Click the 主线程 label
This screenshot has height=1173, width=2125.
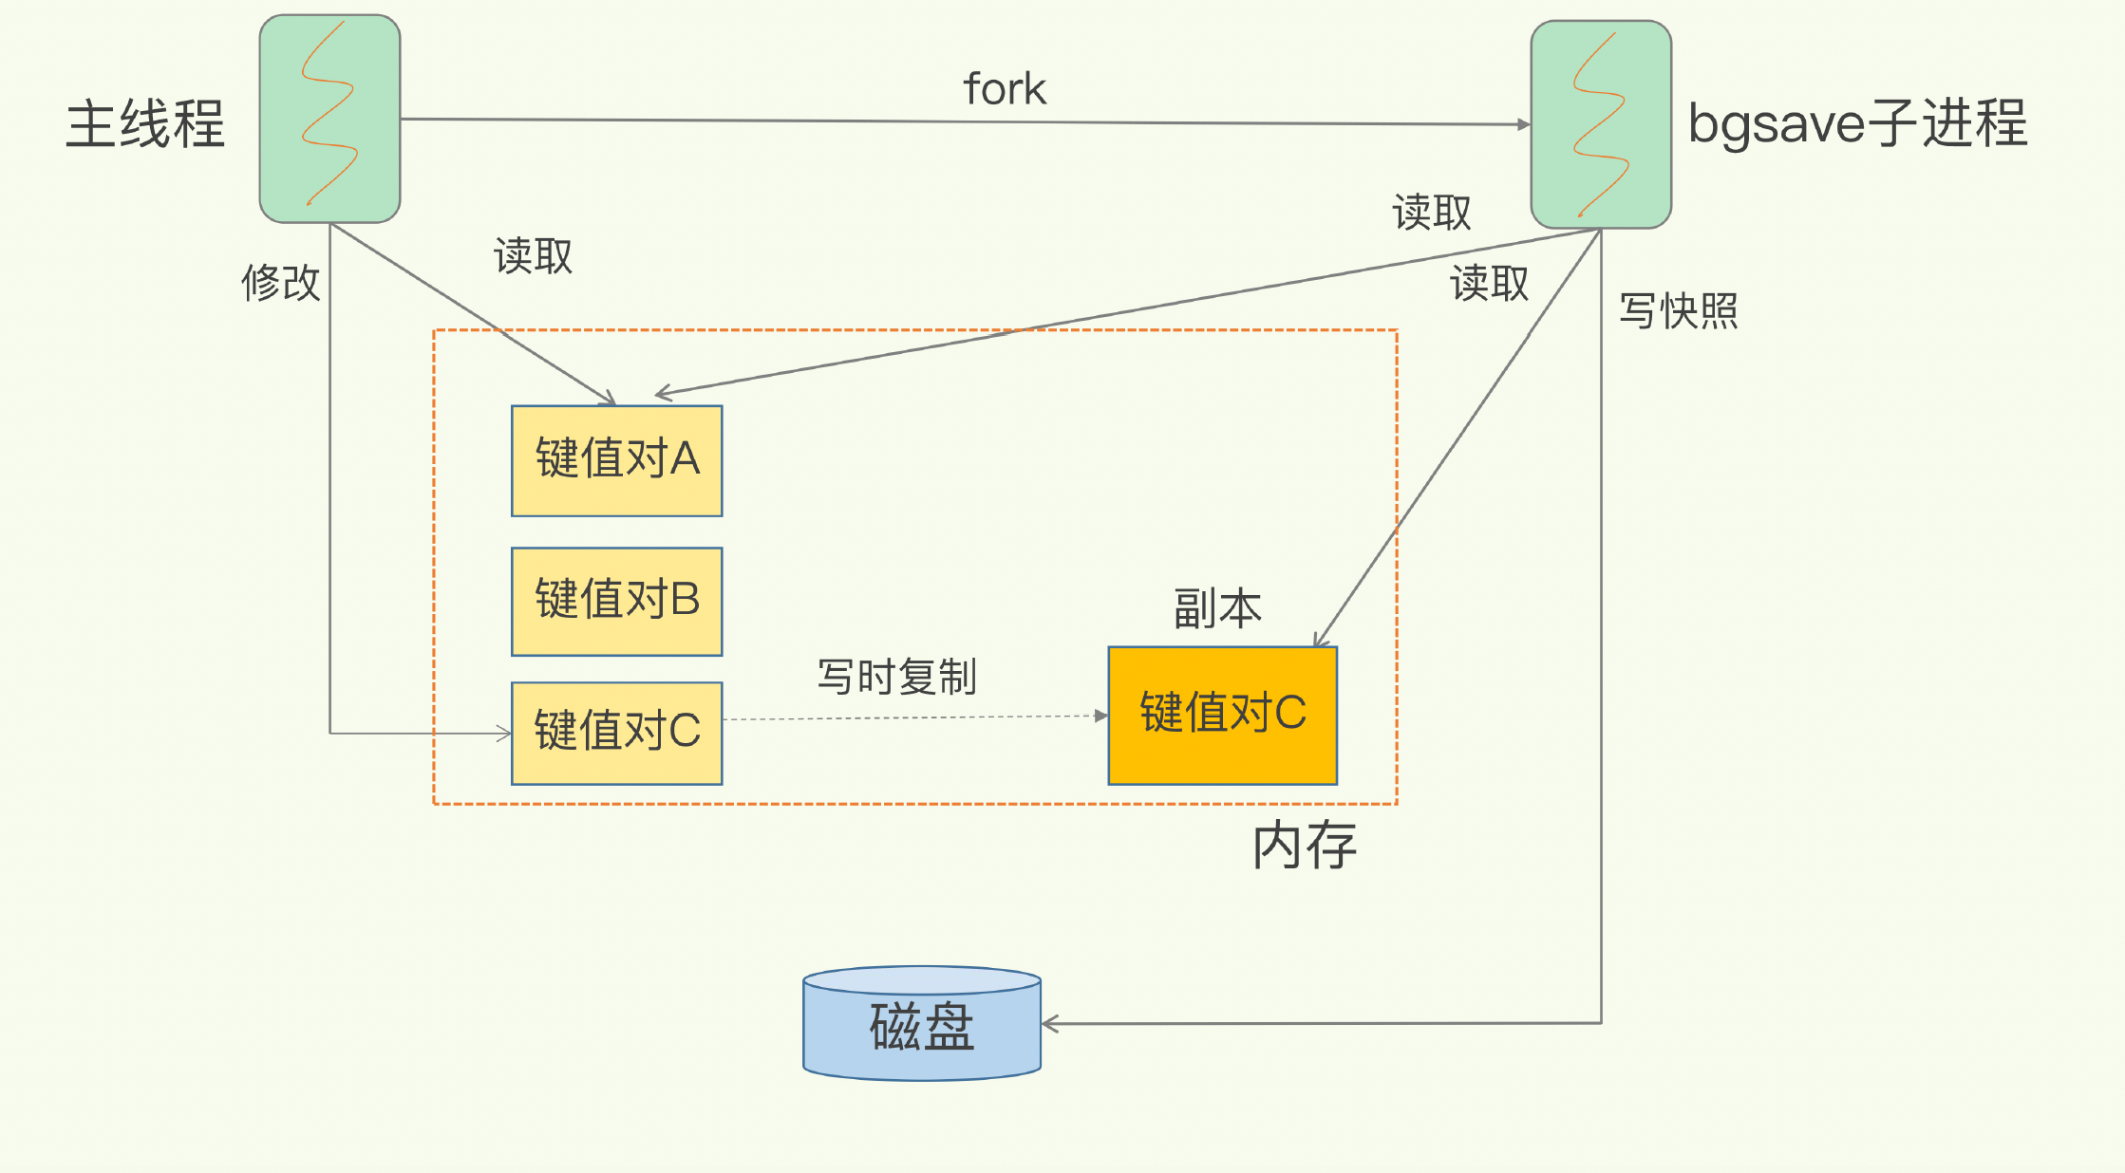click(145, 124)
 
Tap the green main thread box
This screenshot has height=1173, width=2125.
click(329, 119)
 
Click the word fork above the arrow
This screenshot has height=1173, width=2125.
click(1005, 89)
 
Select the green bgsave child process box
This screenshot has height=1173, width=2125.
click(1601, 124)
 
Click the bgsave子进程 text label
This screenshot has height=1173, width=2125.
click(1857, 123)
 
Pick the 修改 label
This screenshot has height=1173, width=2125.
click(281, 283)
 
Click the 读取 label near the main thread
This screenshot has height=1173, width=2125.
click(533, 256)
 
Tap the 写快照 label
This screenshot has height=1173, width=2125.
click(1678, 311)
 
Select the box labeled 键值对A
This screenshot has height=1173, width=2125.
click(616, 460)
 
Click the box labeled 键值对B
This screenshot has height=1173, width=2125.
click(616, 601)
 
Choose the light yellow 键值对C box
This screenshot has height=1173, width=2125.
click(616, 732)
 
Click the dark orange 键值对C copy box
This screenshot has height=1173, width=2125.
click(1222, 715)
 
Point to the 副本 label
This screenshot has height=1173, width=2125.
click(1217, 608)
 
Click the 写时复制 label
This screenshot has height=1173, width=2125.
click(896, 677)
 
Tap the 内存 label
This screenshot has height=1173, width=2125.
click(1304, 846)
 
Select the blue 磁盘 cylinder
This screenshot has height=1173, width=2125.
click(921, 1025)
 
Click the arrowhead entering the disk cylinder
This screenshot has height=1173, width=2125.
click(1050, 1024)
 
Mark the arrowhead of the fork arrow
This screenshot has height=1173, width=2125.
click(1523, 124)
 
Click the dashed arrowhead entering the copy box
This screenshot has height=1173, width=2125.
click(1101, 716)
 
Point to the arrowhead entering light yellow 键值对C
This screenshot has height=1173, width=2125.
click(504, 733)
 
